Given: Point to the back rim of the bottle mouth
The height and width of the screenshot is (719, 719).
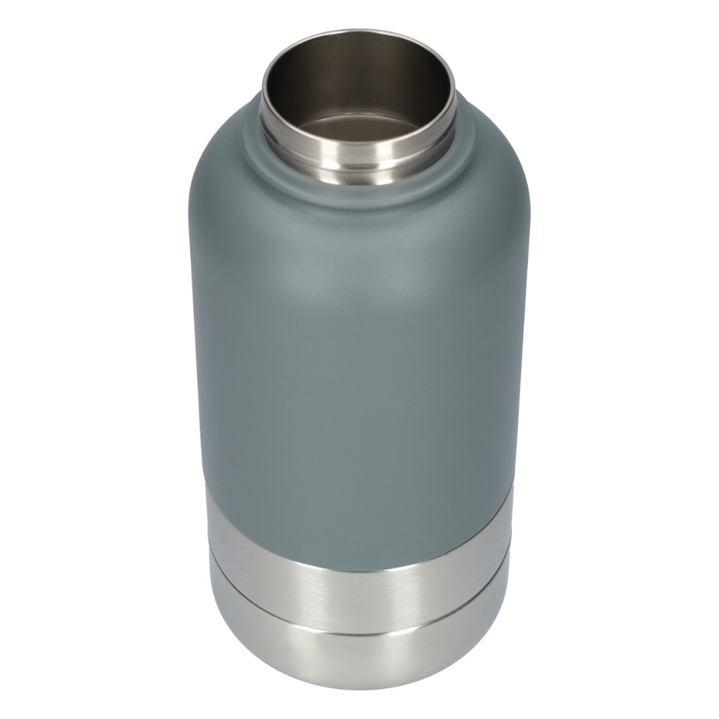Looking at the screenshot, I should click(359, 33).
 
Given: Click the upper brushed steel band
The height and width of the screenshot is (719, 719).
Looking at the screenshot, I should click(359, 586).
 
